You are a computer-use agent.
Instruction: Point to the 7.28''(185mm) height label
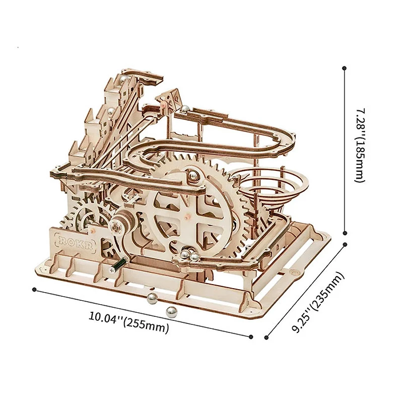(x=361, y=146)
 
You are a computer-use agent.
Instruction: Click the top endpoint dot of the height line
(x=344, y=68)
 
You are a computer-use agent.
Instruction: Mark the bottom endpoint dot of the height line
(x=345, y=233)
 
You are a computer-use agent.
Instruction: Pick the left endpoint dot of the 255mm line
(x=34, y=290)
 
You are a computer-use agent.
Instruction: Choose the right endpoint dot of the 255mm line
(x=251, y=337)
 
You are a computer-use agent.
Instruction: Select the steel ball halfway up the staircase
(x=111, y=111)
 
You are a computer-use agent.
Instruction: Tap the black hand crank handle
(x=118, y=265)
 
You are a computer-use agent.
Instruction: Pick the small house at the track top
(x=169, y=99)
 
